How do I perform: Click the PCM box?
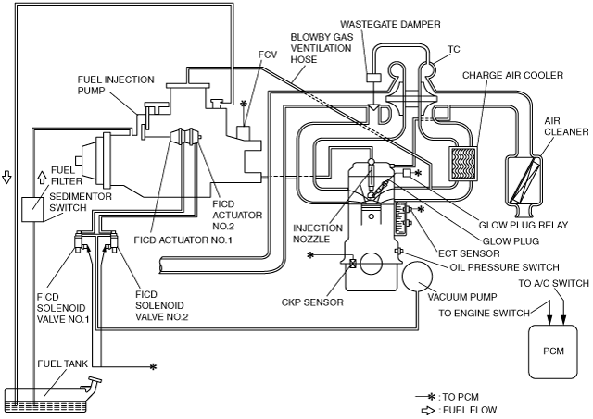[x=553, y=351]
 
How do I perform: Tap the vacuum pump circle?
[x=417, y=277]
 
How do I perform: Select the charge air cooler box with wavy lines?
[x=462, y=163]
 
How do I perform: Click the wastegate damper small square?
[x=373, y=78]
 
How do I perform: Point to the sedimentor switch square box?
[x=32, y=209]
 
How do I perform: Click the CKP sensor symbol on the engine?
[x=352, y=264]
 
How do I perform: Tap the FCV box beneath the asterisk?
[x=243, y=132]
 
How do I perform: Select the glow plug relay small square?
[x=407, y=173]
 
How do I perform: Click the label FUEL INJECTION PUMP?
[x=116, y=85]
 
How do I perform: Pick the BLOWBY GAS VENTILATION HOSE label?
[x=322, y=48]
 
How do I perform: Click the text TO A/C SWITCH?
[x=553, y=283]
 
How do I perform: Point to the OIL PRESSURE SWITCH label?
[x=504, y=267]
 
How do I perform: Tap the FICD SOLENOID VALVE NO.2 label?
[x=161, y=306]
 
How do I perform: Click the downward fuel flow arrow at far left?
[x=6, y=177]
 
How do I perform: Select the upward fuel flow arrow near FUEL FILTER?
[x=42, y=177]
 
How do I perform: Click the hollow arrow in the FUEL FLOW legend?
[x=428, y=411]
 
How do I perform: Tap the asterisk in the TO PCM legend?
[x=431, y=397]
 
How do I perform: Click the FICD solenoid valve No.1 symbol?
[x=82, y=240]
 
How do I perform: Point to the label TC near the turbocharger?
[x=454, y=49]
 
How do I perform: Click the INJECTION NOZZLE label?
[x=318, y=234]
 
